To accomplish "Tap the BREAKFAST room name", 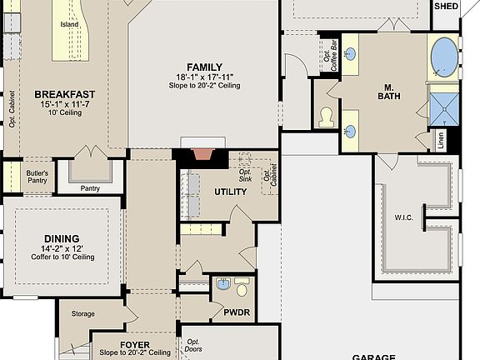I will click(64, 94).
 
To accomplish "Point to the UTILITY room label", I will click(231, 192).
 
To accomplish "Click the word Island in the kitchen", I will click(70, 24).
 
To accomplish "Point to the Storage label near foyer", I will click(83, 314).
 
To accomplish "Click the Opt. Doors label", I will click(193, 345).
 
